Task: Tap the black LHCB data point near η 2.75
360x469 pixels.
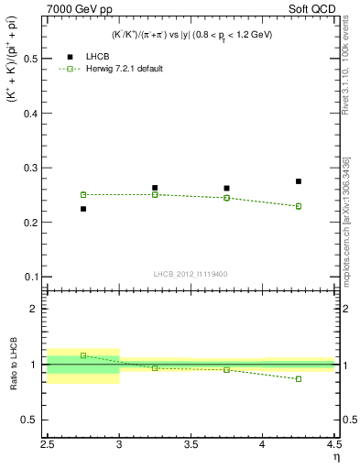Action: [83, 209]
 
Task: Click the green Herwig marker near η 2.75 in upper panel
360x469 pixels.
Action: [83, 194]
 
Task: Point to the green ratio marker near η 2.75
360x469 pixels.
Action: [83, 355]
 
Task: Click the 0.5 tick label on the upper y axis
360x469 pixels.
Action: [30, 59]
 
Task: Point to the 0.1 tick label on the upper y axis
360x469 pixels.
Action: [30, 277]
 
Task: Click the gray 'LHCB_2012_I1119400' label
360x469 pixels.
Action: [191, 274]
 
